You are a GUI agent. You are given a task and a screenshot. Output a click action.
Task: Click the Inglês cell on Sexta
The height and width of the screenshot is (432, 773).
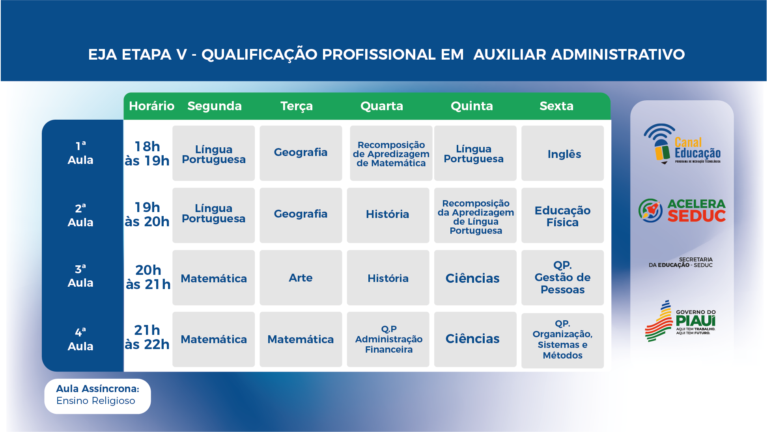(x=562, y=153)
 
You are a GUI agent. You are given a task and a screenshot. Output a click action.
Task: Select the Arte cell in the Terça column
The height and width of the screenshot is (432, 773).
(x=301, y=278)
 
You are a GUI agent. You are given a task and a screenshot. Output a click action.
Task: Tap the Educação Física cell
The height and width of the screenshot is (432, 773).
(x=562, y=216)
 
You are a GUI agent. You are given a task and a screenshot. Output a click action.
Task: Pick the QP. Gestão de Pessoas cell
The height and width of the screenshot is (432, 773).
(x=562, y=278)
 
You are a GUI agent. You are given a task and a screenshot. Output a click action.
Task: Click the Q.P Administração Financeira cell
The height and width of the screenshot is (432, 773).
(x=388, y=339)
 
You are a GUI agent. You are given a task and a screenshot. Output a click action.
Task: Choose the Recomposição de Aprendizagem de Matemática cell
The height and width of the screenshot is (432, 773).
(x=391, y=153)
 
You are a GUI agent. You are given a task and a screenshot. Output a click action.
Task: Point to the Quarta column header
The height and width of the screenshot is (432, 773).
(x=382, y=106)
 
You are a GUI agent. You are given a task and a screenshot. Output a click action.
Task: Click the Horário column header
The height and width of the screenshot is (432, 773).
(x=151, y=106)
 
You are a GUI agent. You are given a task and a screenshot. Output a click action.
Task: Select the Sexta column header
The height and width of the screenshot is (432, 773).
(x=556, y=106)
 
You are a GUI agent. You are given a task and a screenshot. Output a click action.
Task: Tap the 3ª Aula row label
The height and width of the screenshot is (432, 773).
(x=80, y=276)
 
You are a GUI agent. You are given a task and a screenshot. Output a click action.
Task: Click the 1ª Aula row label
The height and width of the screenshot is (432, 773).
(x=80, y=153)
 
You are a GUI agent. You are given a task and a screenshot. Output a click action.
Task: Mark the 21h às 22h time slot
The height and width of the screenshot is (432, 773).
(x=147, y=337)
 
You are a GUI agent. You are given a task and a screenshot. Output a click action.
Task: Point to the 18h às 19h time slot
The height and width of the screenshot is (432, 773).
(x=147, y=154)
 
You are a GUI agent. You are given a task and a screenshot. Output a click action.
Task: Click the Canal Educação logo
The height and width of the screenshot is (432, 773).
(x=682, y=144)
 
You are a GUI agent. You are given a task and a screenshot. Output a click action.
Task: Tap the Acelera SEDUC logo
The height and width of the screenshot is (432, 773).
(x=682, y=210)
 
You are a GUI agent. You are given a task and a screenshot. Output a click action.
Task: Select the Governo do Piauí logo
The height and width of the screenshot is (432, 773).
(x=681, y=321)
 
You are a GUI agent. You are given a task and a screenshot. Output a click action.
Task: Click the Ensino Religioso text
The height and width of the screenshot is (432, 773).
(x=96, y=401)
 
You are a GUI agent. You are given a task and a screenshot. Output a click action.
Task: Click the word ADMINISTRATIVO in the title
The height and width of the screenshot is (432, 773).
(x=618, y=54)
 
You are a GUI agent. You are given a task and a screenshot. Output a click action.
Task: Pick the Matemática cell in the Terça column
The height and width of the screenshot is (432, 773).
(x=301, y=339)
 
